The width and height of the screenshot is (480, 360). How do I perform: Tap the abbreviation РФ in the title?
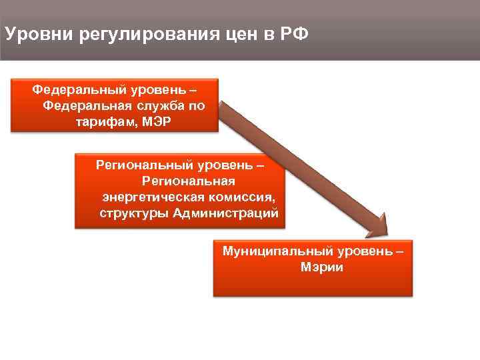click(x=295, y=33)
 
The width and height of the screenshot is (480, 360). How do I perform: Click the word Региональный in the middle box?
click(x=137, y=164)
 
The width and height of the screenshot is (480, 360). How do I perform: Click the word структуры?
click(x=133, y=214)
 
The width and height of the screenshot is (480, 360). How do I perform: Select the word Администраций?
click(x=225, y=214)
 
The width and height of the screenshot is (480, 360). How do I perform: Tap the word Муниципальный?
click(x=269, y=252)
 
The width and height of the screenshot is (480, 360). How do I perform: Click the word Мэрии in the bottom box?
click(x=313, y=268)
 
